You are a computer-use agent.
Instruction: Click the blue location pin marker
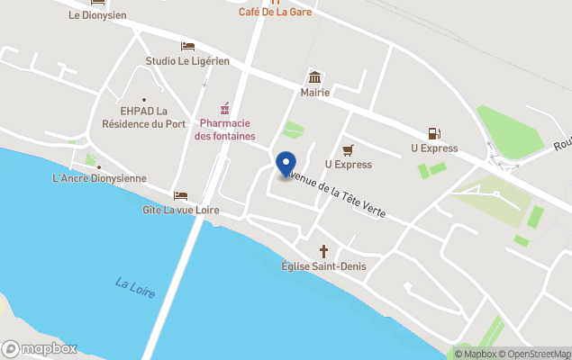tap(286, 165)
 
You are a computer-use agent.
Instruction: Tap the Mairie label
tap(315, 92)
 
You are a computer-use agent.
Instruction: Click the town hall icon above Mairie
tap(315, 76)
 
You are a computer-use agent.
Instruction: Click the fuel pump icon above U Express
tap(434, 133)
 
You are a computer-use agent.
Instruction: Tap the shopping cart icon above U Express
tap(348, 149)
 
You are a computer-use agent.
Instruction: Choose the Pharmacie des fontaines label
tap(225, 130)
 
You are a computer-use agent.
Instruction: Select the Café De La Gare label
tap(275, 12)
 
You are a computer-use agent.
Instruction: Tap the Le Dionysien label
tap(97, 15)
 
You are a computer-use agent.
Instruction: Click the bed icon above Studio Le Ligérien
tap(187, 46)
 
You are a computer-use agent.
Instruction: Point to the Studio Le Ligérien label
tap(187, 61)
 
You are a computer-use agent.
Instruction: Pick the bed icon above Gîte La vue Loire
tap(180, 195)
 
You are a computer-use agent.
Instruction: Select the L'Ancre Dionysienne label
tap(99, 178)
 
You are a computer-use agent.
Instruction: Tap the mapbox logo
tap(40, 348)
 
